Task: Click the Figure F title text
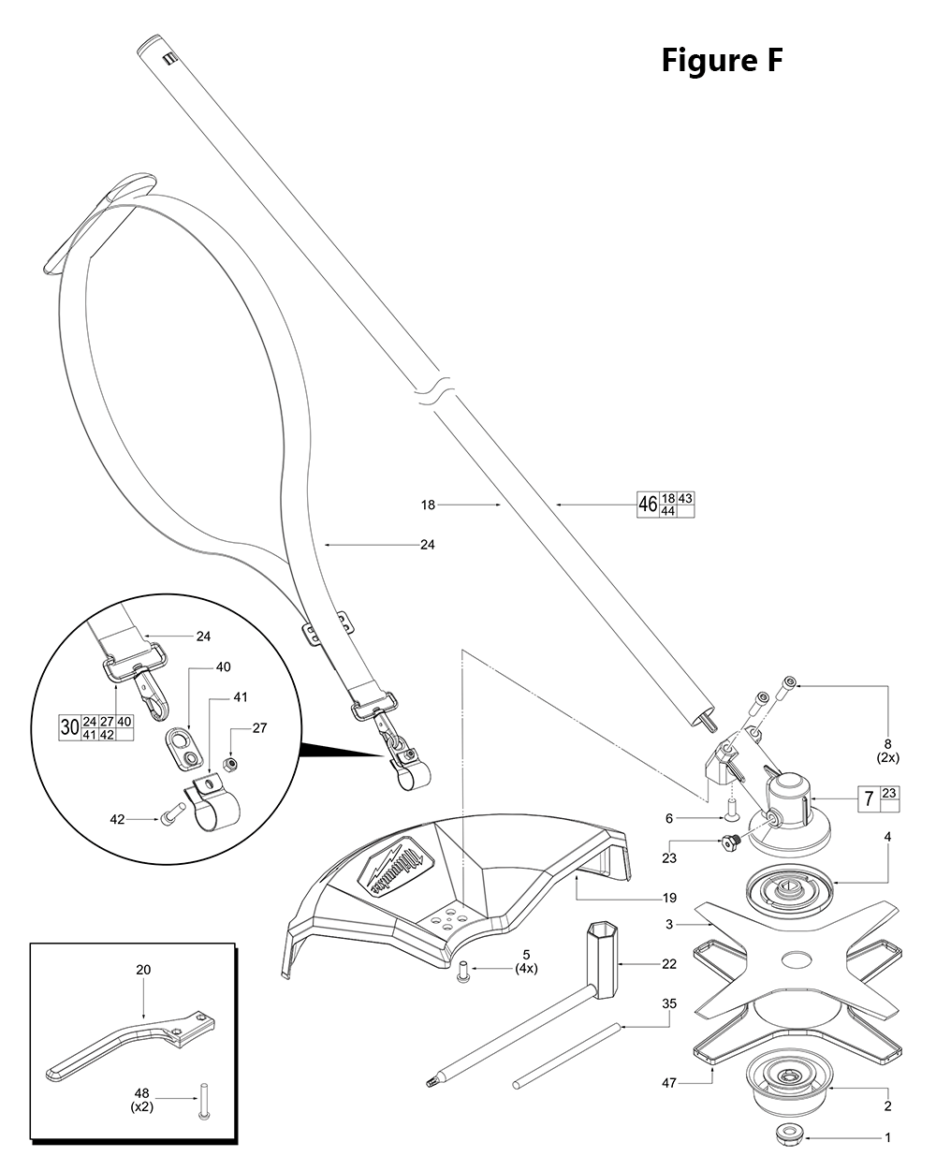(x=721, y=61)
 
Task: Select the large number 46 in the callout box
(x=648, y=505)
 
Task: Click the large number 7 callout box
(x=870, y=799)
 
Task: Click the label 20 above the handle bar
(x=142, y=970)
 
